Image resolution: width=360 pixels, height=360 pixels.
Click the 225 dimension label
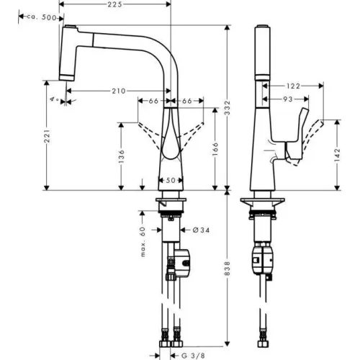(x=114, y=4)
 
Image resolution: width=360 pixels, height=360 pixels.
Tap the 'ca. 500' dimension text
(x=41, y=17)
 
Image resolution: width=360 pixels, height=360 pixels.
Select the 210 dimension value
(x=119, y=91)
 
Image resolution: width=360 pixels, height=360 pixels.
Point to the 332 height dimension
(x=228, y=107)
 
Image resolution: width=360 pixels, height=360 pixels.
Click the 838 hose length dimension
(x=228, y=269)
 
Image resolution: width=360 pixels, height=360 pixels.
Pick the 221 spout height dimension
(x=48, y=136)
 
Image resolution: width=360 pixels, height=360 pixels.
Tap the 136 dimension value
(x=121, y=156)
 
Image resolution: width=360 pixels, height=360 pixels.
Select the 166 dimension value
(x=215, y=149)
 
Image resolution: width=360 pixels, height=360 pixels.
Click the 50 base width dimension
(x=171, y=180)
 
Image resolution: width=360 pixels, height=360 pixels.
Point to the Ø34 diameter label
(x=201, y=230)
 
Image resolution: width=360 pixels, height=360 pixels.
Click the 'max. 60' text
(x=143, y=242)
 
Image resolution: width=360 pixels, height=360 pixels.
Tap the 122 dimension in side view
(x=293, y=86)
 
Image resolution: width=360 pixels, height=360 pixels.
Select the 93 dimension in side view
(x=288, y=99)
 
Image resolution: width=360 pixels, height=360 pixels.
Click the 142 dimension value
(x=337, y=155)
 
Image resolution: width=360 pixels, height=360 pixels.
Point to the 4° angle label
(x=55, y=99)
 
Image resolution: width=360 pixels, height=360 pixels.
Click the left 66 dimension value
(x=153, y=101)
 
